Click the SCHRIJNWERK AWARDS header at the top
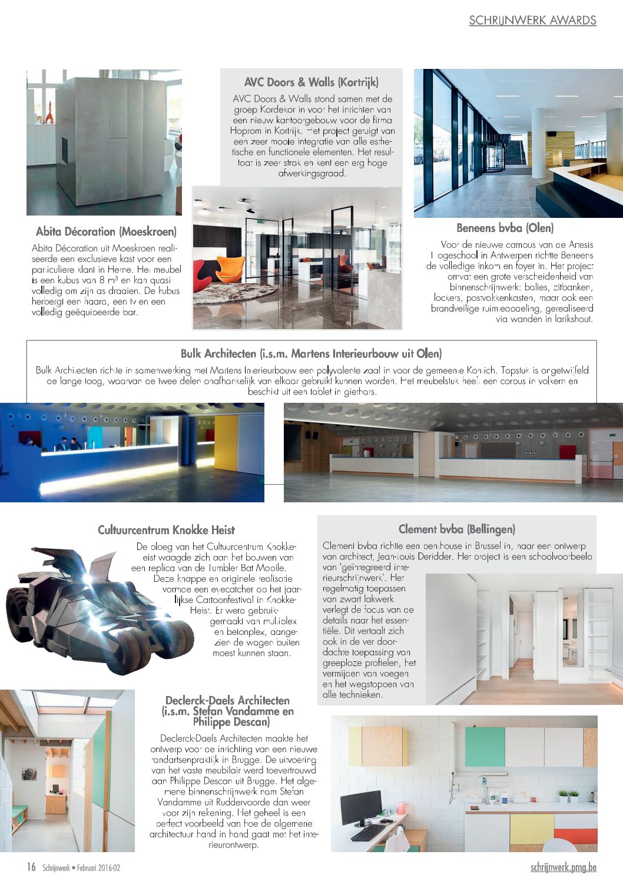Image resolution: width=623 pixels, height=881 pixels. (532, 21)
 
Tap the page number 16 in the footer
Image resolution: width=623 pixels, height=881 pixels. (31, 867)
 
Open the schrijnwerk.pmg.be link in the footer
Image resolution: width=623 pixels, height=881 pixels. (563, 867)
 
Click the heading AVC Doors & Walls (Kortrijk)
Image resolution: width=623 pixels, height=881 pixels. (311, 82)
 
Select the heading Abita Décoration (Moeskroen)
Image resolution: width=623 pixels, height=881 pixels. (106, 231)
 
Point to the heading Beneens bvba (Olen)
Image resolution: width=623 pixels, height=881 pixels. (505, 228)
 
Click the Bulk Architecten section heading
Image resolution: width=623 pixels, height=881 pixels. (311, 354)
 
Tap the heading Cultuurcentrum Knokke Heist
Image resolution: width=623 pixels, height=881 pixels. (166, 530)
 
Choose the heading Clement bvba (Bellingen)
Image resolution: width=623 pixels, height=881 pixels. (456, 529)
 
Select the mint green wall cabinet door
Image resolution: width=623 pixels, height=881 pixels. (485, 747)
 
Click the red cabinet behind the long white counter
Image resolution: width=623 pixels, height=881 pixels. (566, 452)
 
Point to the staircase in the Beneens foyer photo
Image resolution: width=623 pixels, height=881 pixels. (516, 153)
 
